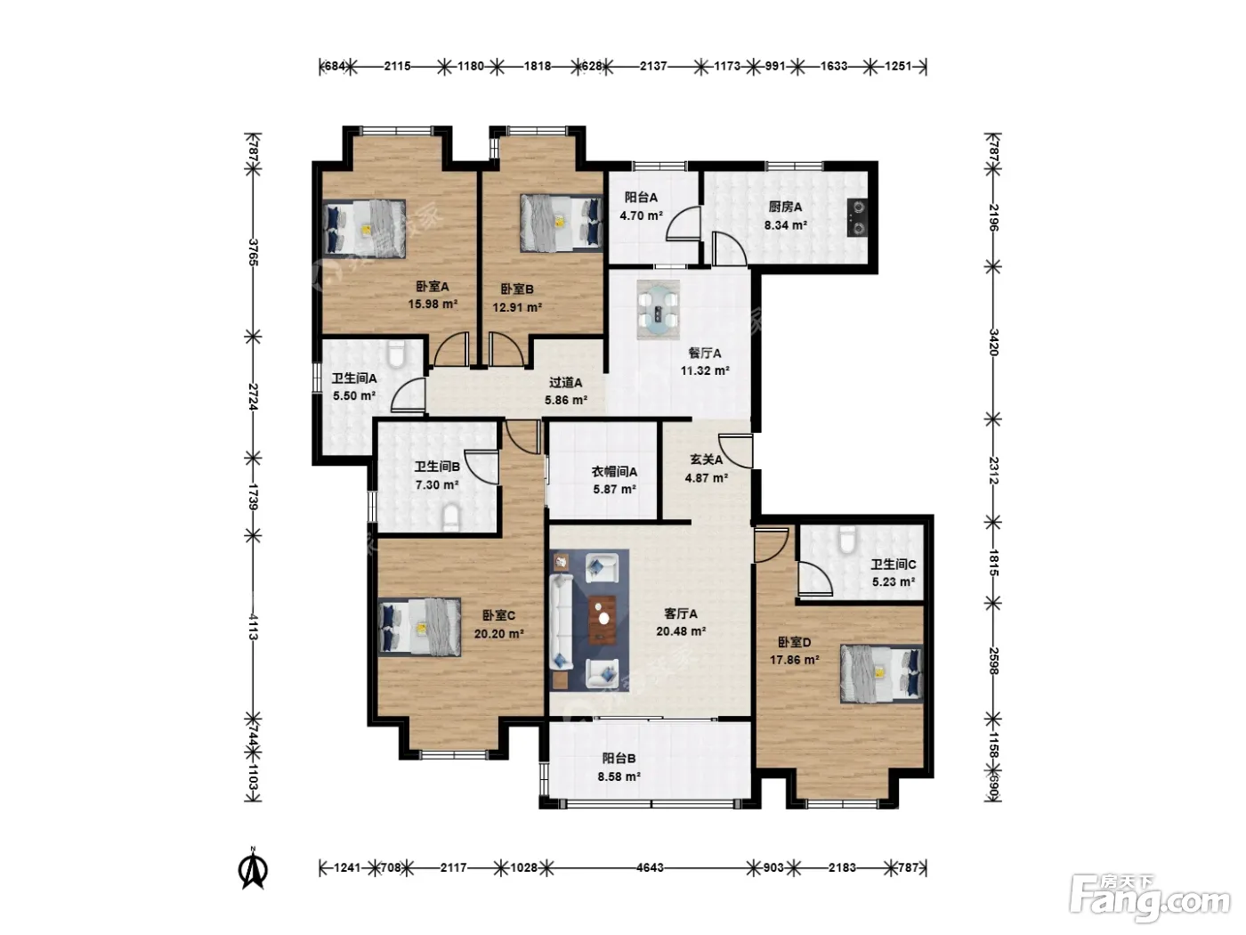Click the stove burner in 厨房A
(856, 217)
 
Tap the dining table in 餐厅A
(658, 310)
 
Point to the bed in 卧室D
(881, 673)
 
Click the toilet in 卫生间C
(847, 539)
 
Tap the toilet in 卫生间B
(451, 516)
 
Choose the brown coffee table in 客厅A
(603, 620)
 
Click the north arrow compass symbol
(253, 868)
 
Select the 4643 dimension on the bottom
(650, 867)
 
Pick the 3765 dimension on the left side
(253, 252)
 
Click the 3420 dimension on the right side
(993, 342)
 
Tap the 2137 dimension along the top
(652, 66)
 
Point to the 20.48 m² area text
(681, 631)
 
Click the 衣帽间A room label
(614, 471)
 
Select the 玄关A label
(706, 459)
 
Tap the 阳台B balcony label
(619, 758)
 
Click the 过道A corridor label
(565, 383)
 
